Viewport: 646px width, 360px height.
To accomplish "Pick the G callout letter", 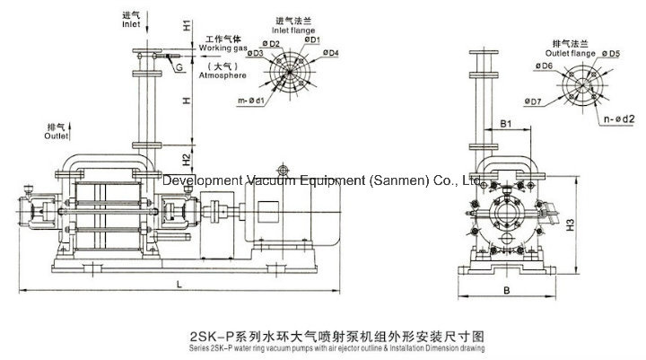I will pos(179,68).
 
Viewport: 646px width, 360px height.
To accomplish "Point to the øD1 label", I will pos(312,40).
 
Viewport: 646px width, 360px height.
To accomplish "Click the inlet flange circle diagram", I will pos(292,73).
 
